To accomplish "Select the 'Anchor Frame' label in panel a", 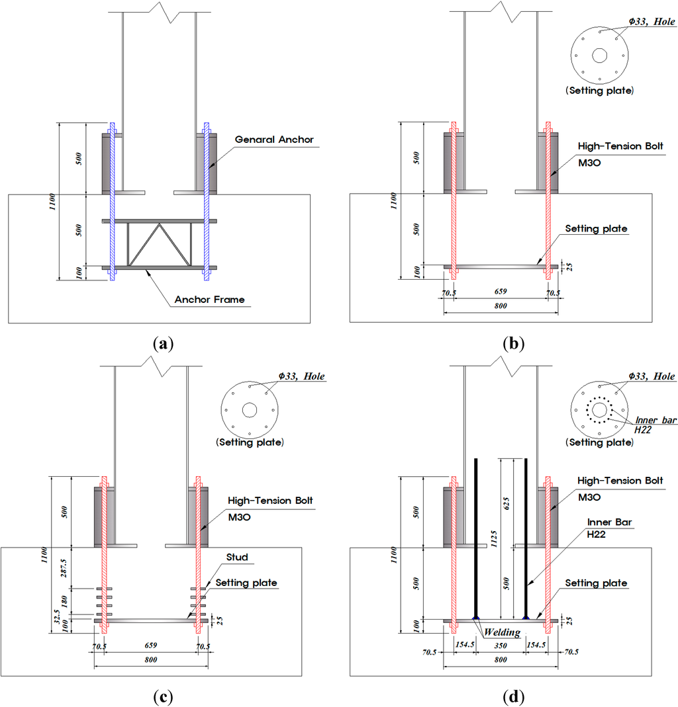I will (209, 300).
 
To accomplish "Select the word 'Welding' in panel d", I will (501, 633).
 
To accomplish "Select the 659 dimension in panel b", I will (501, 290).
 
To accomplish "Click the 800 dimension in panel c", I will (152, 660).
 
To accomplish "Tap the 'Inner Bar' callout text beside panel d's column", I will (604, 522).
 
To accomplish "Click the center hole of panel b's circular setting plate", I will (599, 56).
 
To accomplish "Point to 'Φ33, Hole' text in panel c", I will (298, 376).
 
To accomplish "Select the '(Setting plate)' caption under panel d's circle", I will (601, 442).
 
